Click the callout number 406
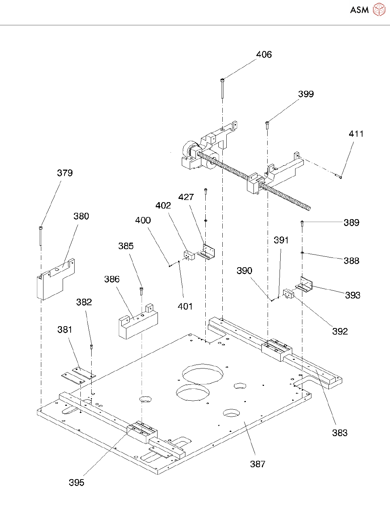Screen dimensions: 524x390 264,55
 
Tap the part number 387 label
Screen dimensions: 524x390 257,464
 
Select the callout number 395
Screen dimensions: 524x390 76,482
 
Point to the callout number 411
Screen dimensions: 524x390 356,134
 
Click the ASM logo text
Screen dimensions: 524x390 359,10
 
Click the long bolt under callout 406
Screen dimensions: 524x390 222,88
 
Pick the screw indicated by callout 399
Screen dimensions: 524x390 267,125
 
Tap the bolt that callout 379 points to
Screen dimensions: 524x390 41,235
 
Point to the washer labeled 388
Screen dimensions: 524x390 302,253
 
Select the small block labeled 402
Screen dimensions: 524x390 189,255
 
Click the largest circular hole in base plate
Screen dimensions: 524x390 202,374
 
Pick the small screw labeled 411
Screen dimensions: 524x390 339,176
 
